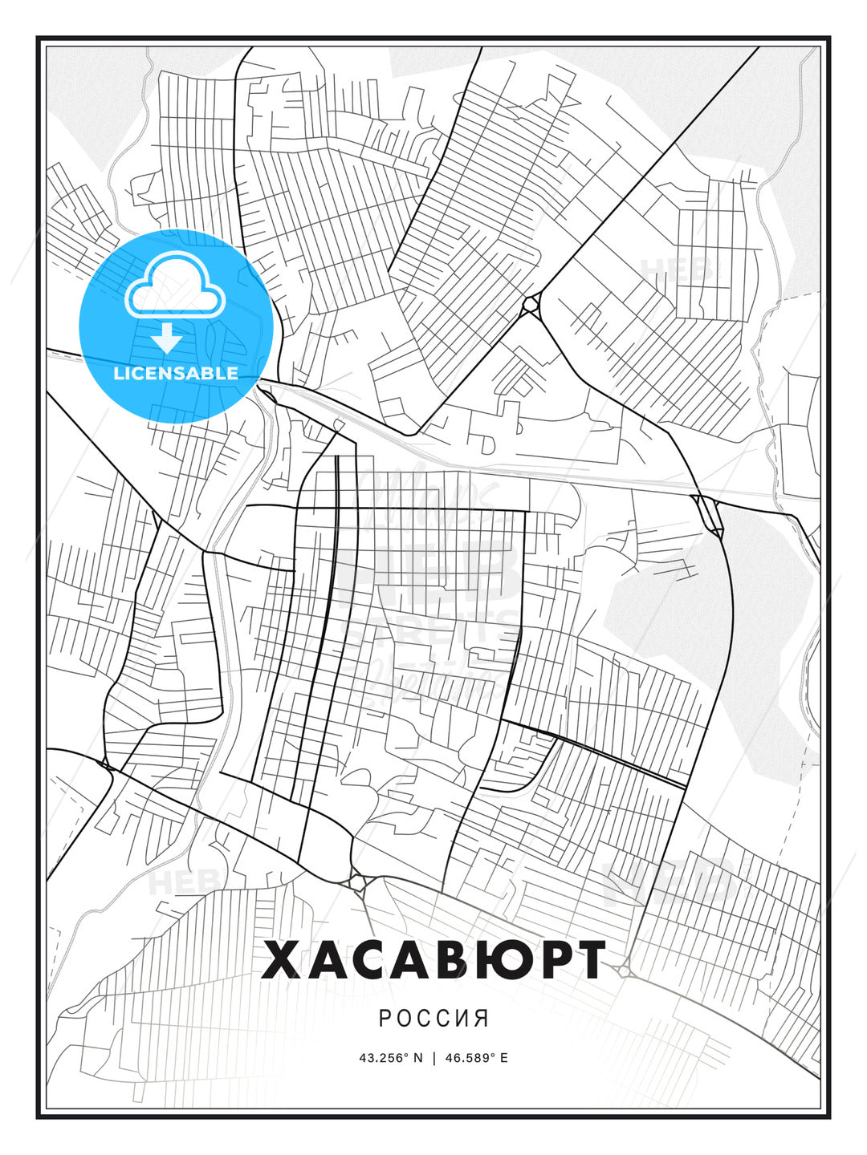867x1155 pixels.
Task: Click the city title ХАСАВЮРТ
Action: (433, 960)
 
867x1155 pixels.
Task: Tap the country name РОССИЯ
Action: (433, 1018)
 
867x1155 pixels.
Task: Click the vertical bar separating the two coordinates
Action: (434, 1057)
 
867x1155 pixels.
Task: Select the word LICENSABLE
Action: (176, 373)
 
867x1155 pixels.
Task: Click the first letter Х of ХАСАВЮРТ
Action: (280, 960)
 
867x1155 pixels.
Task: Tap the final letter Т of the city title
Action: (588, 960)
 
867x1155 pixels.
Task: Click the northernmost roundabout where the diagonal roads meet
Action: (531, 306)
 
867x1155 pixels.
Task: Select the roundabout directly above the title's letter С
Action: (357, 881)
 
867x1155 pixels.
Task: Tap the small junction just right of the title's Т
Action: (625, 971)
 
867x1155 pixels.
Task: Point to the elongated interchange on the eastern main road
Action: (709, 516)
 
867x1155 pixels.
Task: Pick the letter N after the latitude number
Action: (417, 1057)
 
